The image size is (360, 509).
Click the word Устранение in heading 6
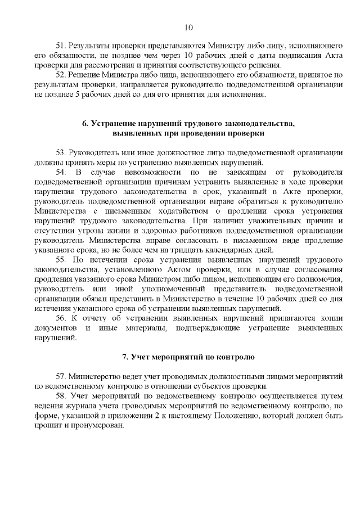point(119,124)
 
